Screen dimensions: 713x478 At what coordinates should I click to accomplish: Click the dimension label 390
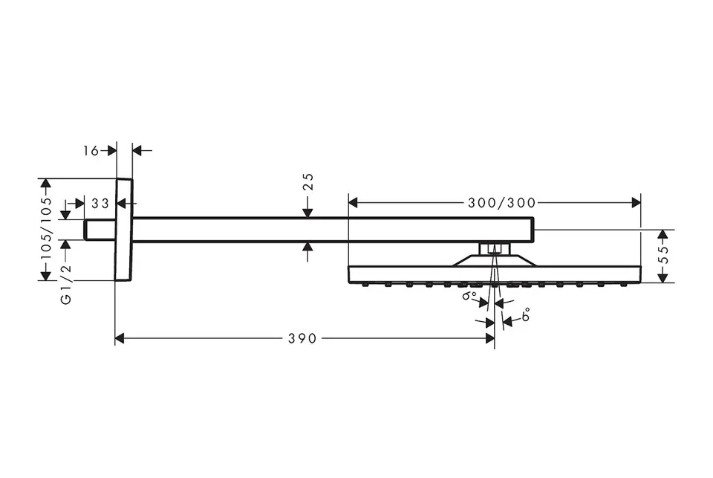302,338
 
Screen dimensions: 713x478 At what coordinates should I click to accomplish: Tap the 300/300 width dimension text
501,203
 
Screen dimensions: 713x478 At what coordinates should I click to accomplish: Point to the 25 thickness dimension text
308,181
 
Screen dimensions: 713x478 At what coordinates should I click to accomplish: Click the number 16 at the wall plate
91,150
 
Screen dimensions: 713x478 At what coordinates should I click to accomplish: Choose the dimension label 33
100,203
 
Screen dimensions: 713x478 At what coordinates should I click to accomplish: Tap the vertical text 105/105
46,228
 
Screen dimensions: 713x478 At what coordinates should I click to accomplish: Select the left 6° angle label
469,297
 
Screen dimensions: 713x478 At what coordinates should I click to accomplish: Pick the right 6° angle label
525,314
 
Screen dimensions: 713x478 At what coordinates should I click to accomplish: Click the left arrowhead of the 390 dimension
120,338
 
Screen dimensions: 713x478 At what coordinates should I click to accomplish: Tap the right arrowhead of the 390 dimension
490,338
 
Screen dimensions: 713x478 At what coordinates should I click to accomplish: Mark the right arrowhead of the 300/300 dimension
637,203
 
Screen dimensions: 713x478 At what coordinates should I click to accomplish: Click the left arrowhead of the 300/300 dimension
354,203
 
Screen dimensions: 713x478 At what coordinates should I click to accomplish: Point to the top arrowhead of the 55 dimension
663,235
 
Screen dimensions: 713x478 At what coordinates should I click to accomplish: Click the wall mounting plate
124,230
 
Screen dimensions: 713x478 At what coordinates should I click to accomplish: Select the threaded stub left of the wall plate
100,230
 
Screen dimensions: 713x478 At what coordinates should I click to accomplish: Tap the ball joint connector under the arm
495,249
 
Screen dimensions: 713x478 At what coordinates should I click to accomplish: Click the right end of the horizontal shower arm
533,230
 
